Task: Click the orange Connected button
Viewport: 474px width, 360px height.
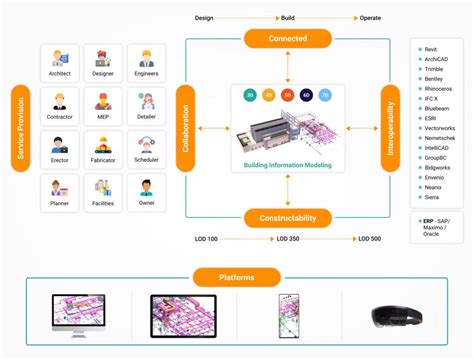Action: pyautogui.click(x=287, y=39)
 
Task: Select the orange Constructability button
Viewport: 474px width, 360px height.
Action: pyautogui.click(x=287, y=217)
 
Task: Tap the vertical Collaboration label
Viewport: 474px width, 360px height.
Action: pyautogui.click(x=185, y=128)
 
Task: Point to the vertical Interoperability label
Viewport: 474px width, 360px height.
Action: pyautogui.click(x=390, y=128)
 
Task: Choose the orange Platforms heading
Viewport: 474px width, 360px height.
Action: pyautogui.click(x=236, y=277)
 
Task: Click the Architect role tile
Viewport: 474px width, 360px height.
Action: pyautogui.click(x=60, y=63)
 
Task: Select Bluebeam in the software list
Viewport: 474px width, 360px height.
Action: pyautogui.click(x=438, y=109)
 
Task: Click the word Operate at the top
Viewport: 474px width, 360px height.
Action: pyautogui.click(x=371, y=17)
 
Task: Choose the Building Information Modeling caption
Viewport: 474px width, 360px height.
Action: pyautogui.click(x=287, y=163)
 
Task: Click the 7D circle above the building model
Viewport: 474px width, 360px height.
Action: pyautogui.click(x=326, y=96)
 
